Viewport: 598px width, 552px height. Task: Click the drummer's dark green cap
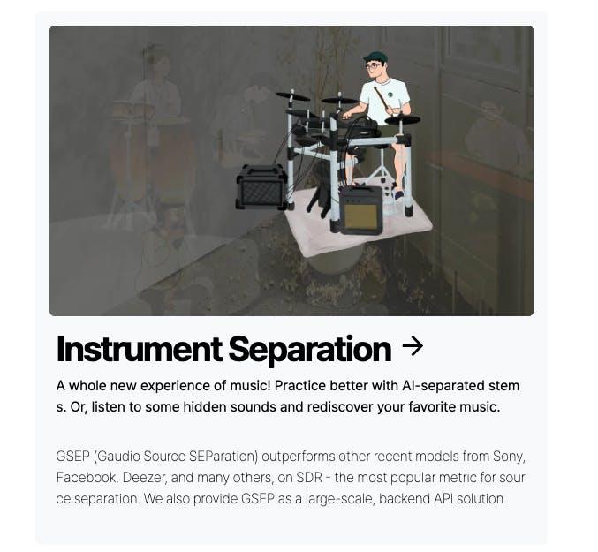point(375,58)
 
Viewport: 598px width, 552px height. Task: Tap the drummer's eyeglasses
point(373,65)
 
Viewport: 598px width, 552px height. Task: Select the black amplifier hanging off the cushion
point(261,187)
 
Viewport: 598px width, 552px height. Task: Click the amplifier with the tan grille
point(360,210)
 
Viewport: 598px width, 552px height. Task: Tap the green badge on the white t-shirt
point(390,95)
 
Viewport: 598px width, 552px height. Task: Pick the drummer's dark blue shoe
point(398,195)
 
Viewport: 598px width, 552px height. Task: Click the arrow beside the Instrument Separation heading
point(413,346)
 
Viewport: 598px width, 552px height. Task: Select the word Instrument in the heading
point(140,349)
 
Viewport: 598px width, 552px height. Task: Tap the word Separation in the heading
point(310,350)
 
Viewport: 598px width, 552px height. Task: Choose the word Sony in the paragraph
point(509,457)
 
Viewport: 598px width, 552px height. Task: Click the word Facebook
point(87,477)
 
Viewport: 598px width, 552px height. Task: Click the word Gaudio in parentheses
point(118,457)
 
